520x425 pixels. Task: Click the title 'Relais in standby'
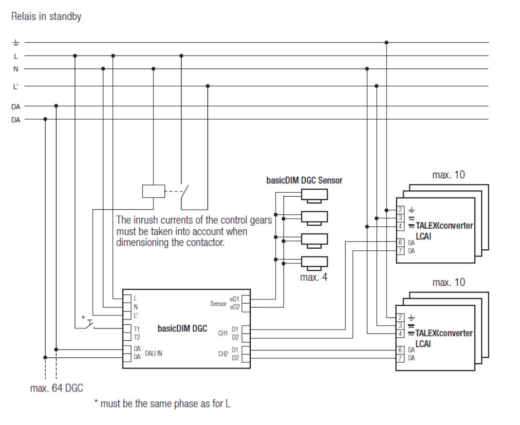(x=46, y=17)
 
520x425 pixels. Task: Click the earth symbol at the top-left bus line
(x=16, y=43)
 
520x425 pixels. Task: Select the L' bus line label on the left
(x=16, y=86)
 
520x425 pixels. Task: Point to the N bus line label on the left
(x=16, y=69)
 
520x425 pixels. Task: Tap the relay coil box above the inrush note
(x=150, y=191)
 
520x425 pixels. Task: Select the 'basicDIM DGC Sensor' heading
(x=304, y=180)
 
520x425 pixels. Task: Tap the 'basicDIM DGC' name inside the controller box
(x=182, y=328)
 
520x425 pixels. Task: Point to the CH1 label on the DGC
(x=223, y=333)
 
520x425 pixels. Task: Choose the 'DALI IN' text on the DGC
(x=153, y=353)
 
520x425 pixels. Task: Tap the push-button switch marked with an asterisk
(x=88, y=325)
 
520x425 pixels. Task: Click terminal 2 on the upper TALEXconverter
(x=400, y=210)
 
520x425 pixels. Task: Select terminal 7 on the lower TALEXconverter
(x=400, y=358)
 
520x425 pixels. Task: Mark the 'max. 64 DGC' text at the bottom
(x=56, y=388)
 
